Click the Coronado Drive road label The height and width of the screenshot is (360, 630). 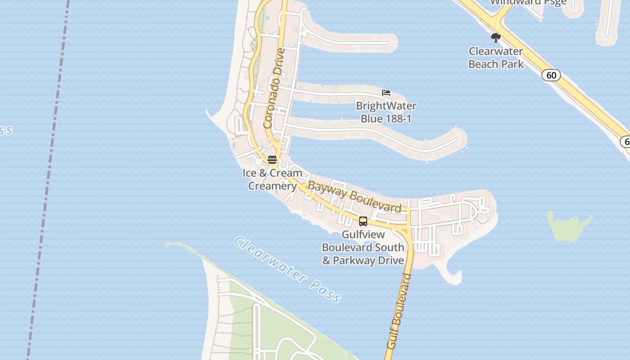click(x=274, y=88)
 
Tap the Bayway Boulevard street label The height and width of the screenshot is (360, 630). click(x=354, y=197)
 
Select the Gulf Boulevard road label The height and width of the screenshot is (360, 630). click(x=399, y=311)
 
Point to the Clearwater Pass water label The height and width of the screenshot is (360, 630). click(x=287, y=270)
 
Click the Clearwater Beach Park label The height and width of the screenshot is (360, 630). click(x=496, y=58)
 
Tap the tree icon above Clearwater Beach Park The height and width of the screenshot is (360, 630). click(x=496, y=37)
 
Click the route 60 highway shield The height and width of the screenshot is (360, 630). click(x=551, y=75)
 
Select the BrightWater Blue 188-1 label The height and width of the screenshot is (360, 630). click(x=386, y=112)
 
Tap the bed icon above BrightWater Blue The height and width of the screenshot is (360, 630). click(x=386, y=93)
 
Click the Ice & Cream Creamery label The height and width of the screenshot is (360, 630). click(x=272, y=179)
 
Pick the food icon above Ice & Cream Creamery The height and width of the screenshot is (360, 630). click(x=272, y=160)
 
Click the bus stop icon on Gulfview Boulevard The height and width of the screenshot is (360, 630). click(x=363, y=221)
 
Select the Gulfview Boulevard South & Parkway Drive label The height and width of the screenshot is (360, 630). click(x=363, y=247)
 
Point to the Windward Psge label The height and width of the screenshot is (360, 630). click(x=528, y=2)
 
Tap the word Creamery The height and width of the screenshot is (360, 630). click(x=272, y=186)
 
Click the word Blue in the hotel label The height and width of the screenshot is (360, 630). click(x=372, y=119)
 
